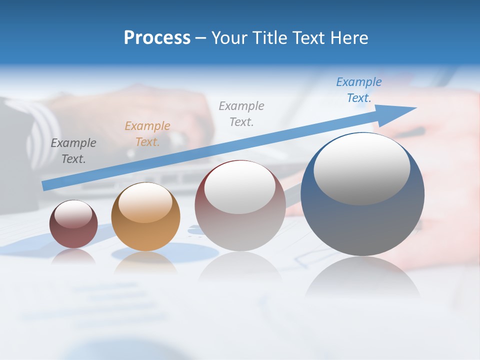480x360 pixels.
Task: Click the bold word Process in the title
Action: (x=157, y=38)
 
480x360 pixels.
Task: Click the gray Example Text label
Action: (x=241, y=113)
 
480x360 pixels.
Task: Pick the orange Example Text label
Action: (x=147, y=133)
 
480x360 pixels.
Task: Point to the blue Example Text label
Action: (x=359, y=90)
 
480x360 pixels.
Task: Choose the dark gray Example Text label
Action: (x=73, y=150)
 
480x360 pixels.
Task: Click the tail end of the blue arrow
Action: (x=46, y=185)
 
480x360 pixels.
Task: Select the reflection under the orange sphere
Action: (x=145, y=262)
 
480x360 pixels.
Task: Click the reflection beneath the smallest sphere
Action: (x=73, y=256)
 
